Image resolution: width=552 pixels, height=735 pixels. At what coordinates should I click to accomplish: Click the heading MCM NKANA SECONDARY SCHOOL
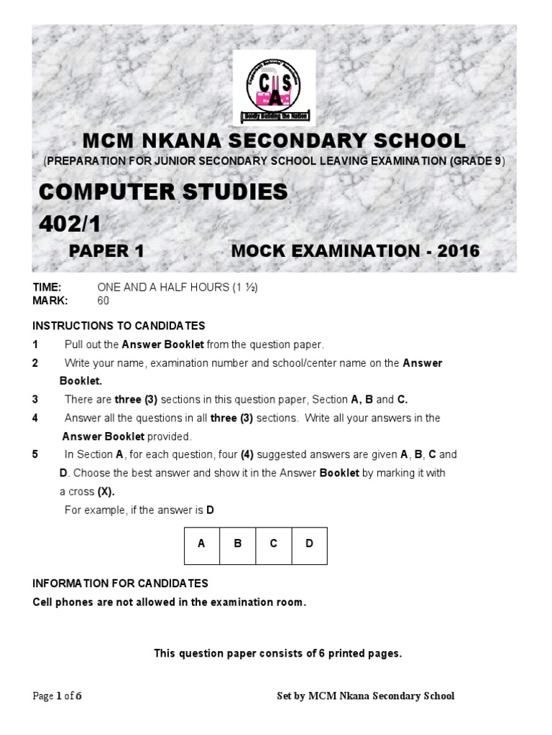tap(275, 140)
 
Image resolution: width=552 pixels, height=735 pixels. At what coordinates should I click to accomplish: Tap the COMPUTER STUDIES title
tap(162, 192)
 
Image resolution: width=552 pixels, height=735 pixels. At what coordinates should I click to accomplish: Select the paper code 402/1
tap(70, 225)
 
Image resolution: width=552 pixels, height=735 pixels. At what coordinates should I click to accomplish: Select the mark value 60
tap(103, 301)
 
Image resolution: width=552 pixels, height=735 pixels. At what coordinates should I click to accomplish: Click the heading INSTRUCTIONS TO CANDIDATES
tap(119, 326)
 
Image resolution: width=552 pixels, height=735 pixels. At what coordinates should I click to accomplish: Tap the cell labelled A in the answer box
tap(201, 544)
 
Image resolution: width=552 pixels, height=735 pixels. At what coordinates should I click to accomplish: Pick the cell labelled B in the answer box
tap(237, 544)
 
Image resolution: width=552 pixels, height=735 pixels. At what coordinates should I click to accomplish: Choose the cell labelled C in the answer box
tap(273, 544)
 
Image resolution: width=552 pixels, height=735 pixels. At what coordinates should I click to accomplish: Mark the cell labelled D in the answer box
tap(309, 544)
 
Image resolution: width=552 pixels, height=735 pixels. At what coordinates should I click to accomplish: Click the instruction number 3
tap(35, 399)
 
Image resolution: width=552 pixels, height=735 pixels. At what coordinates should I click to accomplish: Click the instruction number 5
tap(35, 454)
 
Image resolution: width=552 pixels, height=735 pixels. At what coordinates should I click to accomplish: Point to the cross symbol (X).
tap(106, 492)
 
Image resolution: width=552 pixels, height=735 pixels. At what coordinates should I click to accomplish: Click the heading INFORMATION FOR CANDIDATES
tap(121, 583)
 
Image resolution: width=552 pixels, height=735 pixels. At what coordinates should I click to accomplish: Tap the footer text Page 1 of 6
tap(63, 696)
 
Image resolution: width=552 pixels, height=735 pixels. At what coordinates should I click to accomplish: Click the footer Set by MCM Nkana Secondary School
tap(366, 696)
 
